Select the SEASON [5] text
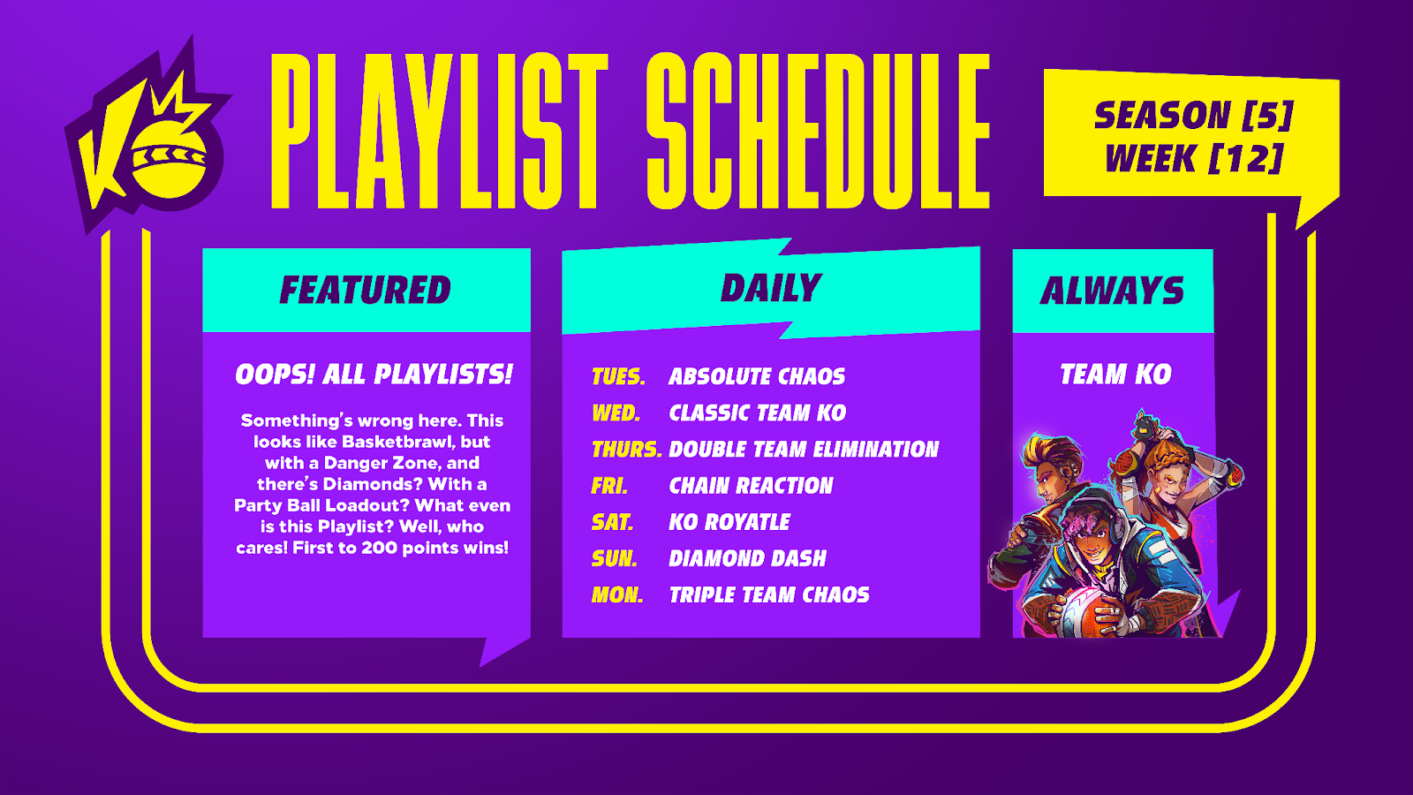1193,116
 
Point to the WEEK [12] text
1194,158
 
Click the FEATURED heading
366,291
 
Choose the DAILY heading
771,288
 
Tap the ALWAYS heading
1112,291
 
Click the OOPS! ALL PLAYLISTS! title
374,375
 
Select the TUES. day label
618,376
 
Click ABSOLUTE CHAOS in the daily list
757,376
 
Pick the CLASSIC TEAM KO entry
758,413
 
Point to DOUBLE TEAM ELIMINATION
804,450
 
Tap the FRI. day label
609,486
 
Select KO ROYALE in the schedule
729,522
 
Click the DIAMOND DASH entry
747,558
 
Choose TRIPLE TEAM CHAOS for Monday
769,595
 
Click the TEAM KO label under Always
1115,375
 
